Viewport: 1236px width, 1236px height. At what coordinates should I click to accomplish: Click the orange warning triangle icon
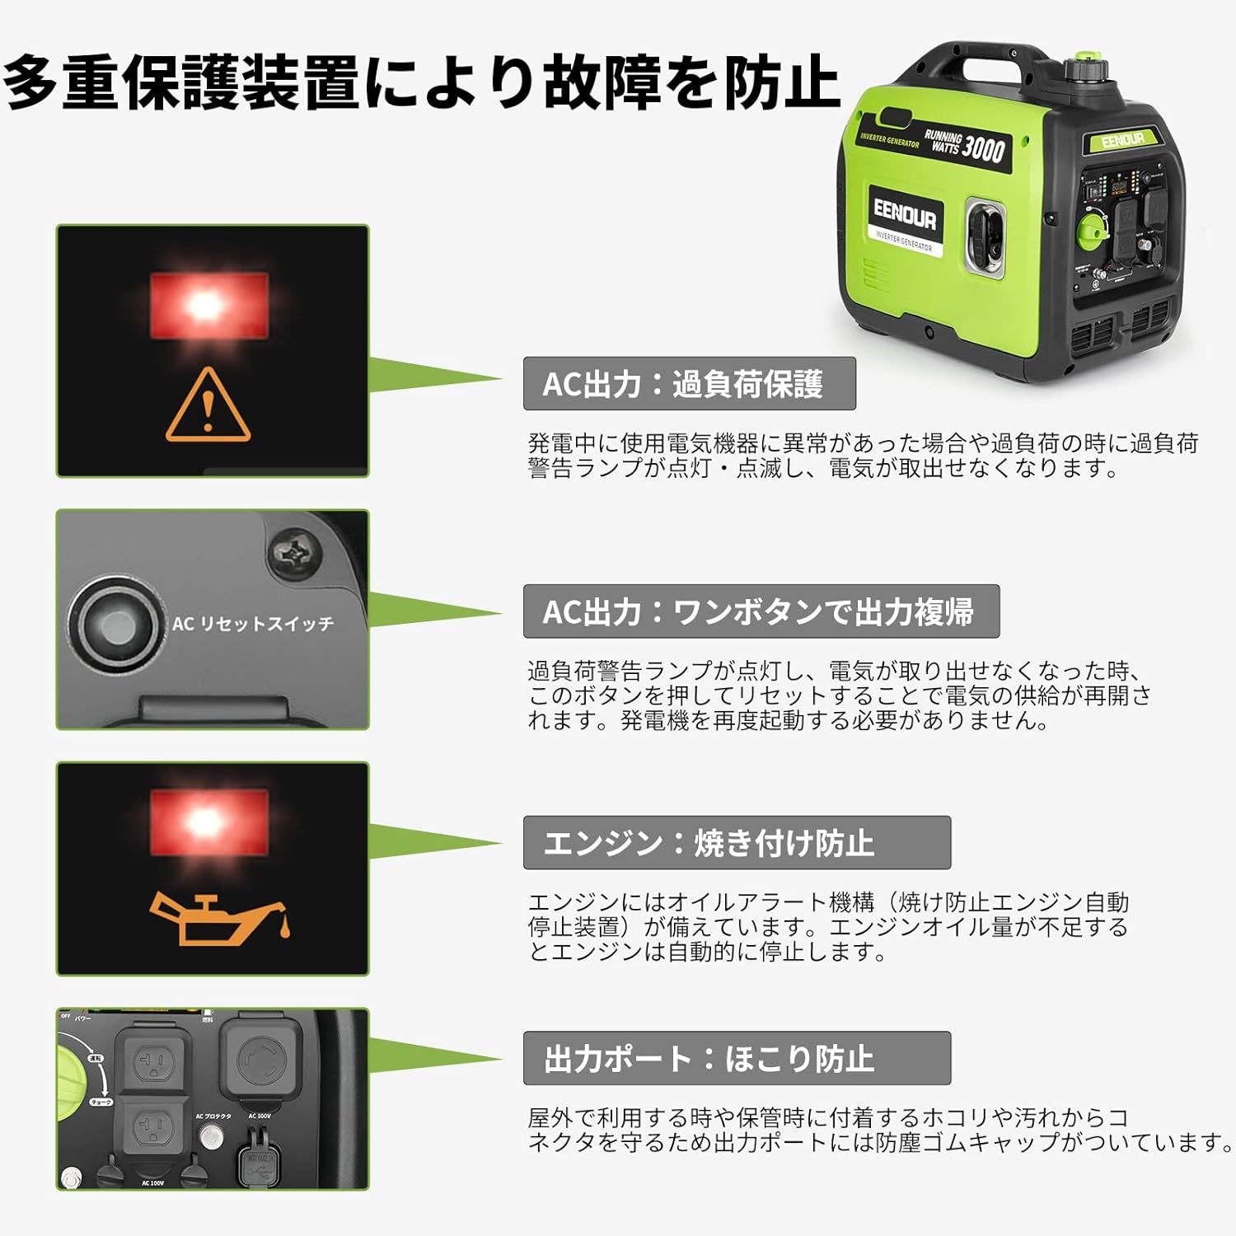point(208,405)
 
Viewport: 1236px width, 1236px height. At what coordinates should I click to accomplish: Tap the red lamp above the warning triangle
point(208,306)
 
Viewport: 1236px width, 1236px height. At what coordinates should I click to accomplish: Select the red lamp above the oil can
point(208,822)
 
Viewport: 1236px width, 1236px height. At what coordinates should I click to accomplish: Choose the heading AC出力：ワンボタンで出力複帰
point(761,611)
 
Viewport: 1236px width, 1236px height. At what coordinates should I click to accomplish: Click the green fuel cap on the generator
point(1082,67)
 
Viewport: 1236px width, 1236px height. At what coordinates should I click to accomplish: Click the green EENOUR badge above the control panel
point(1122,140)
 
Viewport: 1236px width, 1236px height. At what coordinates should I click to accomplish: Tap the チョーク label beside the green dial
point(101,1103)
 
